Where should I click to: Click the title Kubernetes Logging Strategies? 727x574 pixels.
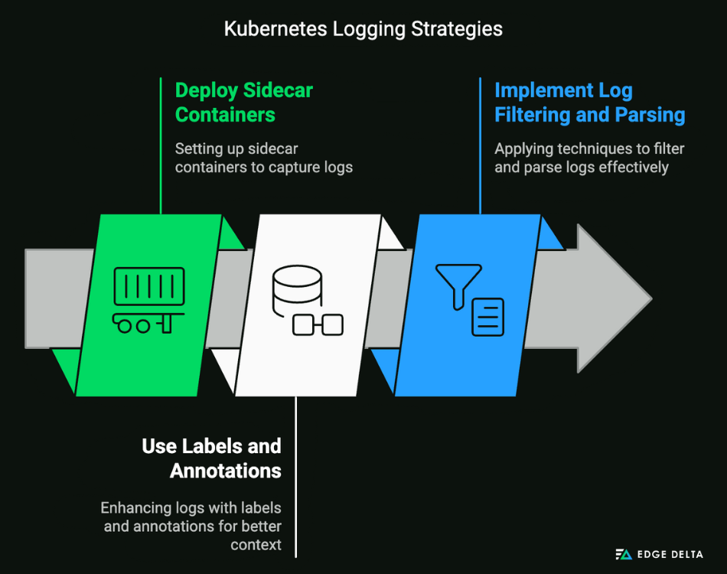[363, 29]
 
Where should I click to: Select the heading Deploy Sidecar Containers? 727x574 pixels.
[243, 102]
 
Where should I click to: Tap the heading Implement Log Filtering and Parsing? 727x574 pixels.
[589, 102]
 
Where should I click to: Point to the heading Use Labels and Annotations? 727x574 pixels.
[211, 458]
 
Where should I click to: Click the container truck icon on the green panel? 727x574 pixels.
[148, 299]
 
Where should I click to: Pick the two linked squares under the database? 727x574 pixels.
[318, 325]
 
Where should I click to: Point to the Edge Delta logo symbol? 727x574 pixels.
[624, 554]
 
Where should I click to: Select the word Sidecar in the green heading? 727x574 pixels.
[277, 90]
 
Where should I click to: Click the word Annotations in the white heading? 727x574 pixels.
[225, 470]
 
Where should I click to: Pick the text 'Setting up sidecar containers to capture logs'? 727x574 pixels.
[263, 157]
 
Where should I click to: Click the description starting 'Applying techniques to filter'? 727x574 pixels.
[589, 157]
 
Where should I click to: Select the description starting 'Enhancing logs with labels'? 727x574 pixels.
[191, 526]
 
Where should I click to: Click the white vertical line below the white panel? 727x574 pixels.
[296, 475]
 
